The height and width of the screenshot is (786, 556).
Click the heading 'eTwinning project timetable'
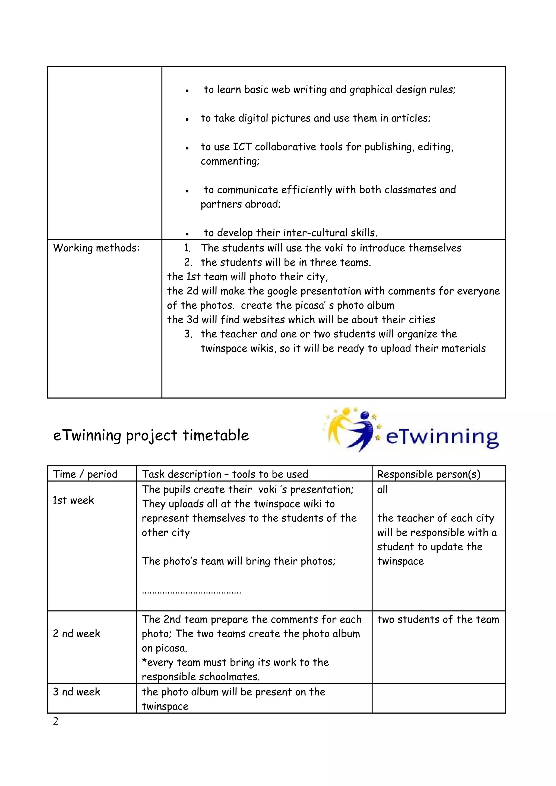point(151,436)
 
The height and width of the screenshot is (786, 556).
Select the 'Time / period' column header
point(85,474)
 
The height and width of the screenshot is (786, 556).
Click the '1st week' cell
point(73,500)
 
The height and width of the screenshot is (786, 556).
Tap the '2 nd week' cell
point(76,634)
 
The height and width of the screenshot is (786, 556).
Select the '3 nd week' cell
point(76,692)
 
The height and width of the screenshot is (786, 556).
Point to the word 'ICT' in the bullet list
point(242,147)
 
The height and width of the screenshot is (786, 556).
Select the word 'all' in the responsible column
point(382,490)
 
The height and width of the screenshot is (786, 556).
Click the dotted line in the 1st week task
point(191,592)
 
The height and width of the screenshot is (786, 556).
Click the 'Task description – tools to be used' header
point(225,474)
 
